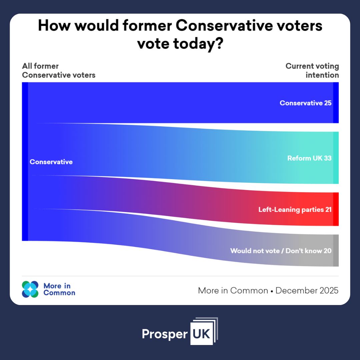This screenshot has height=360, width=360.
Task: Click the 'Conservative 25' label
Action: (305, 103)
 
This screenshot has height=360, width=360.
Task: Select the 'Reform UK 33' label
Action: (309, 158)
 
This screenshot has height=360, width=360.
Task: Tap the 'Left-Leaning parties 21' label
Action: (295, 210)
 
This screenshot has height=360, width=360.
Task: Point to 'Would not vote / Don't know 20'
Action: (281, 251)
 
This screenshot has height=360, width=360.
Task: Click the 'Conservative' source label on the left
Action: (51, 162)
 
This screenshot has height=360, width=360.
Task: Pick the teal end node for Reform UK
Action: (336, 158)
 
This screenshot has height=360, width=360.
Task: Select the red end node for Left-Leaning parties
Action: (336, 209)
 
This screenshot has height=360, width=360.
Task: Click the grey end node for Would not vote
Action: (336, 251)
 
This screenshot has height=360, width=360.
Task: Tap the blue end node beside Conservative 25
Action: (336, 103)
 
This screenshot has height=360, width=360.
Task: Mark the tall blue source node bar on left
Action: (25, 161)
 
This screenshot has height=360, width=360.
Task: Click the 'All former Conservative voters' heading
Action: (59, 71)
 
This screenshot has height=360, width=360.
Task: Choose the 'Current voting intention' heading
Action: (312, 71)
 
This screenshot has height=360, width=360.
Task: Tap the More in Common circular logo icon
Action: (30, 289)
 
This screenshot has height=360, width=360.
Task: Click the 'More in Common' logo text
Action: (59, 289)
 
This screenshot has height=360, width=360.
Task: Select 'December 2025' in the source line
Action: (307, 291)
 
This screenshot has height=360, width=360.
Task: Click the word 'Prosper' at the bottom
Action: (165, 334)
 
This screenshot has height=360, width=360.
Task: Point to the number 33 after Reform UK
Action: (327, 158)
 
